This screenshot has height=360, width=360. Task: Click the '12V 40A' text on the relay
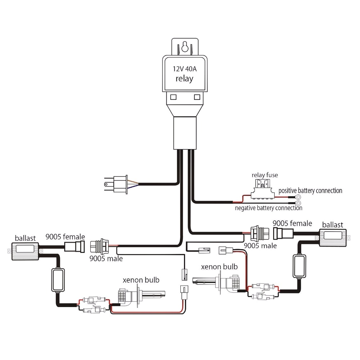point(184,69)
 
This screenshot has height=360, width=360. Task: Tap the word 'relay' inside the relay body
point(184,78)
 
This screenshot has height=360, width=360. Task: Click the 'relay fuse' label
point(265,175)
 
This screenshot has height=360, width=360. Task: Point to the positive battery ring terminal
point(298,197)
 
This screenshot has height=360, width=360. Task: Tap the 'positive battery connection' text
point(310,190)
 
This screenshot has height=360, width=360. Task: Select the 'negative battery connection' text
point(269,208)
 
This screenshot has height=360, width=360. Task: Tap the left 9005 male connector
point(99,246)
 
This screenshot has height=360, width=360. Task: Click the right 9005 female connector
point(280,233)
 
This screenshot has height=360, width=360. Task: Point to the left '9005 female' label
point(65,237)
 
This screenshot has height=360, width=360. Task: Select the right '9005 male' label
point(260,246)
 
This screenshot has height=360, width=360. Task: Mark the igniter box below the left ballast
point(58,280)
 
